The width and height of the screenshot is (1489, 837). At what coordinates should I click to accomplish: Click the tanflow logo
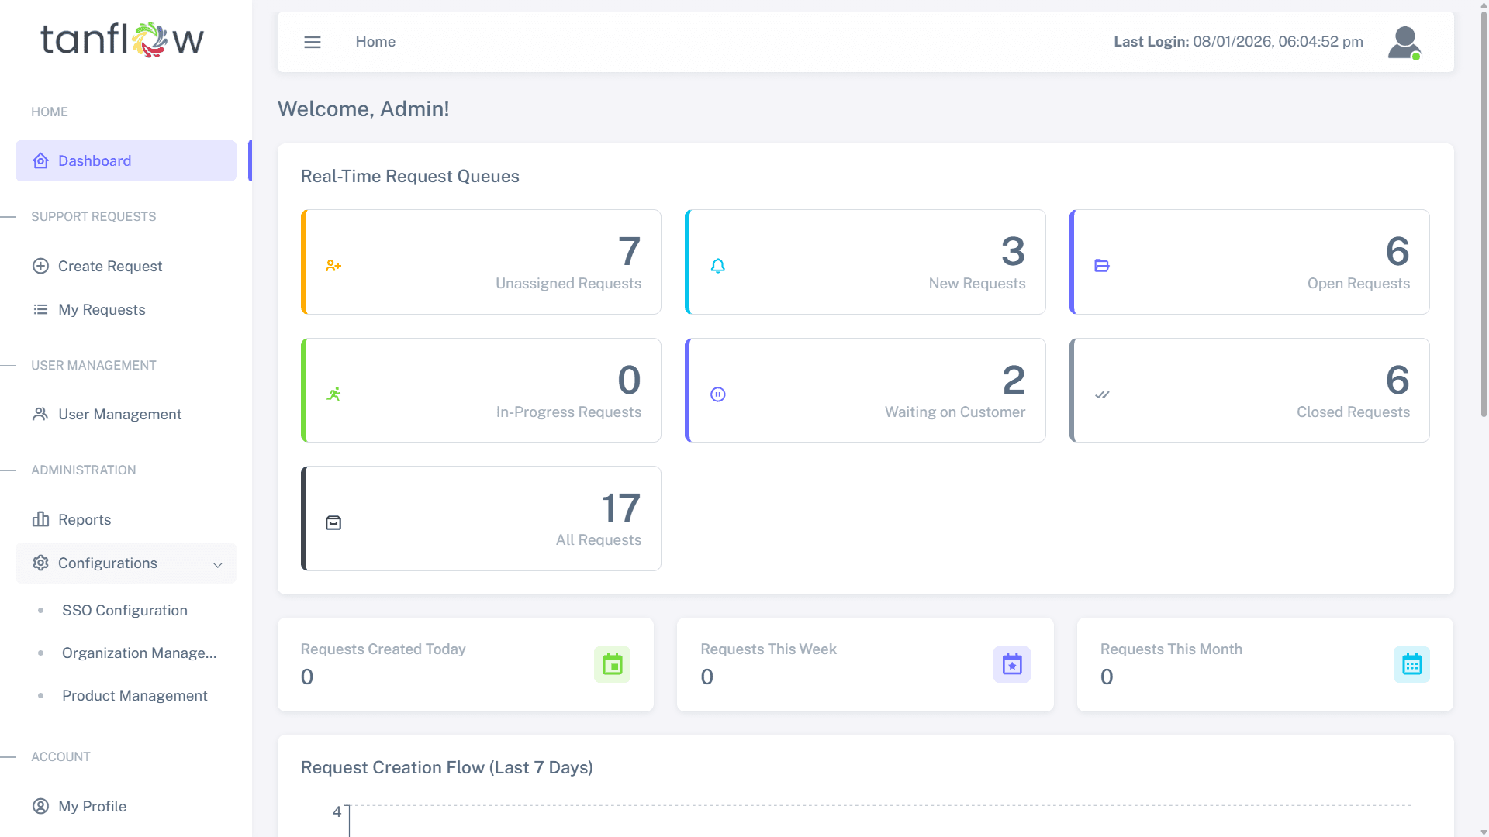pos(122,40)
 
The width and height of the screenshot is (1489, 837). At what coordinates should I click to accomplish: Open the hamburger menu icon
pos(313,42)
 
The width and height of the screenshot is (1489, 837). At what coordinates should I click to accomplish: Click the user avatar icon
pos(1404,43)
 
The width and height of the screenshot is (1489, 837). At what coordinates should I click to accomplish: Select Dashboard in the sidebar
pos(95,161)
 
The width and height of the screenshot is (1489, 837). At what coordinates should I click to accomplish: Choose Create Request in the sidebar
pos(110,267)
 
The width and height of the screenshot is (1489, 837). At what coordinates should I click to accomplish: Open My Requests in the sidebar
pos(102,310)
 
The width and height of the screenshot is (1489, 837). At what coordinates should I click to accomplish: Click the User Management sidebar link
pos(119,415)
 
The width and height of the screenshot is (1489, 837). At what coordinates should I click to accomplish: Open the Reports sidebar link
pos(85,520)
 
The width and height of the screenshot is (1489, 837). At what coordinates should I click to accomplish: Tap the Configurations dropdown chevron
pos(218,565)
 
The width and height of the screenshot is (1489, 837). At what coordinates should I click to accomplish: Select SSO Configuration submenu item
pos(125,611)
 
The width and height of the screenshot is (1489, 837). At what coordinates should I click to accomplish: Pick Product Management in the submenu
pos(135,696)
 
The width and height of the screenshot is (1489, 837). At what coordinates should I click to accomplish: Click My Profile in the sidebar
pos(92,807)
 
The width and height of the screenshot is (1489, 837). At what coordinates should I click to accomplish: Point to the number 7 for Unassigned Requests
pos(629,251)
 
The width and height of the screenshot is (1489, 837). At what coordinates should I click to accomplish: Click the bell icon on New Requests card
pos(718,266)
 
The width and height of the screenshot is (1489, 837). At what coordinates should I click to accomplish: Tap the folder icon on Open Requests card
pos(1102,266)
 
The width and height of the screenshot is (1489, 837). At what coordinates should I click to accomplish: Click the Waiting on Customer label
pos(955,412)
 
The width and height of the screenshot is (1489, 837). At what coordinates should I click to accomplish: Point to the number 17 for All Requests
pos(621,508)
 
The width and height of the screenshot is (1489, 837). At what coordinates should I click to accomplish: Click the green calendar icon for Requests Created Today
pos(613,665)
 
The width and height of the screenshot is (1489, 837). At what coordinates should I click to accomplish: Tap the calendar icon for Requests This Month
pos(1411,665)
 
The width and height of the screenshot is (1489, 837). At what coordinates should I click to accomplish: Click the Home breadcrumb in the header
pos(375,42)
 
